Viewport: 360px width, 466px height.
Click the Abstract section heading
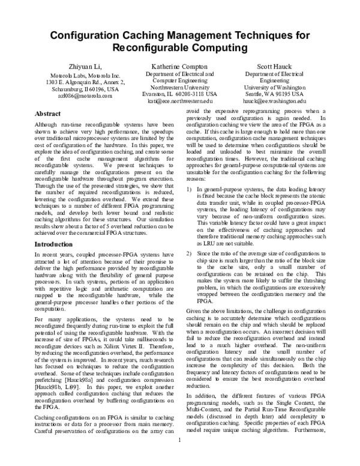[x=48, y=113]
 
